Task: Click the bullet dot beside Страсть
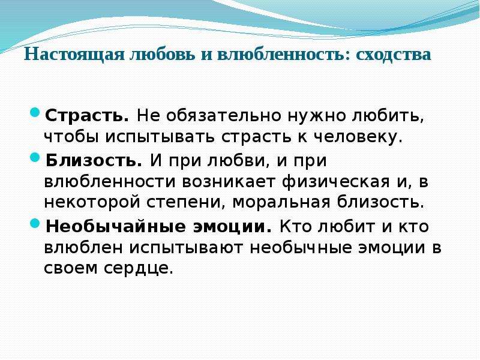[x=35, y=112]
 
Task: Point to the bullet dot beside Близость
[x=35, y=158]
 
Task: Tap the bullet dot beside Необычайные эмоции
[x=35, y=223]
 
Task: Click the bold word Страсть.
[x=87, y=116]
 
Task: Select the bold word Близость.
[x=94, y=160]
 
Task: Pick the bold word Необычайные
[x=116, y=227]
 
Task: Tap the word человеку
[x=358, y=138]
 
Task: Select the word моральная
[x=281, y=203]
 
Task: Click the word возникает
[x=229, y=182]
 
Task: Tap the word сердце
[x=139, y=269]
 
